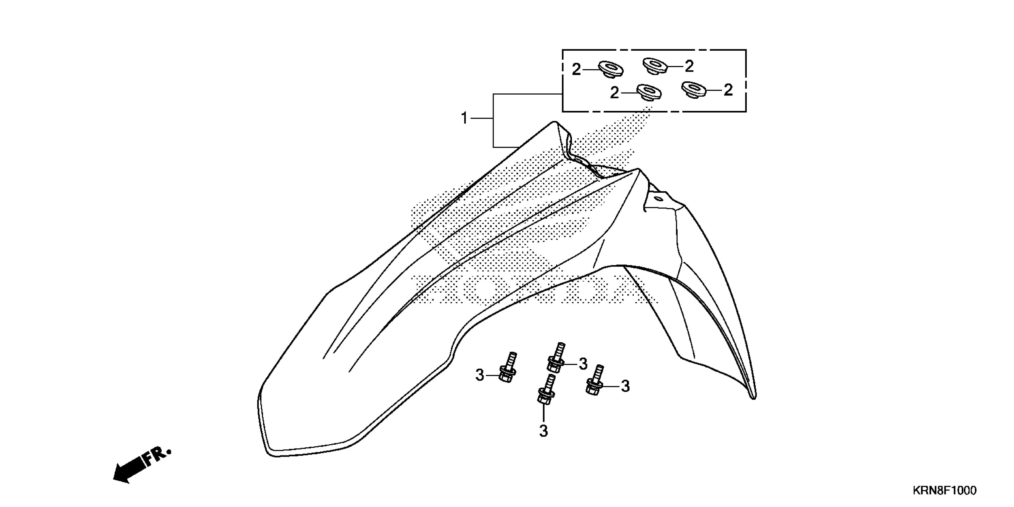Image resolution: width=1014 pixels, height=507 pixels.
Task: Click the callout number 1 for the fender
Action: [x=464, y=118]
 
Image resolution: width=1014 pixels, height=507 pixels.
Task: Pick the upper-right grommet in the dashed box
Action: [x=655, y=65]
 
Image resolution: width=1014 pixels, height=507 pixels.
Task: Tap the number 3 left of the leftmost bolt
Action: [x=480, y=375]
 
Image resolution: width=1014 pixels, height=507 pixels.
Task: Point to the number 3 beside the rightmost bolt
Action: [x=625, y=387]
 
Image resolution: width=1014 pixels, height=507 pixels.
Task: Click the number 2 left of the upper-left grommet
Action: [x=576, y=70]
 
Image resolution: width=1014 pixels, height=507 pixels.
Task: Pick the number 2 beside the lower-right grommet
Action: [x=728, y=90]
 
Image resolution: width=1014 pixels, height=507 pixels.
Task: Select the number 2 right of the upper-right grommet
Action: [x=689, y=67]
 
